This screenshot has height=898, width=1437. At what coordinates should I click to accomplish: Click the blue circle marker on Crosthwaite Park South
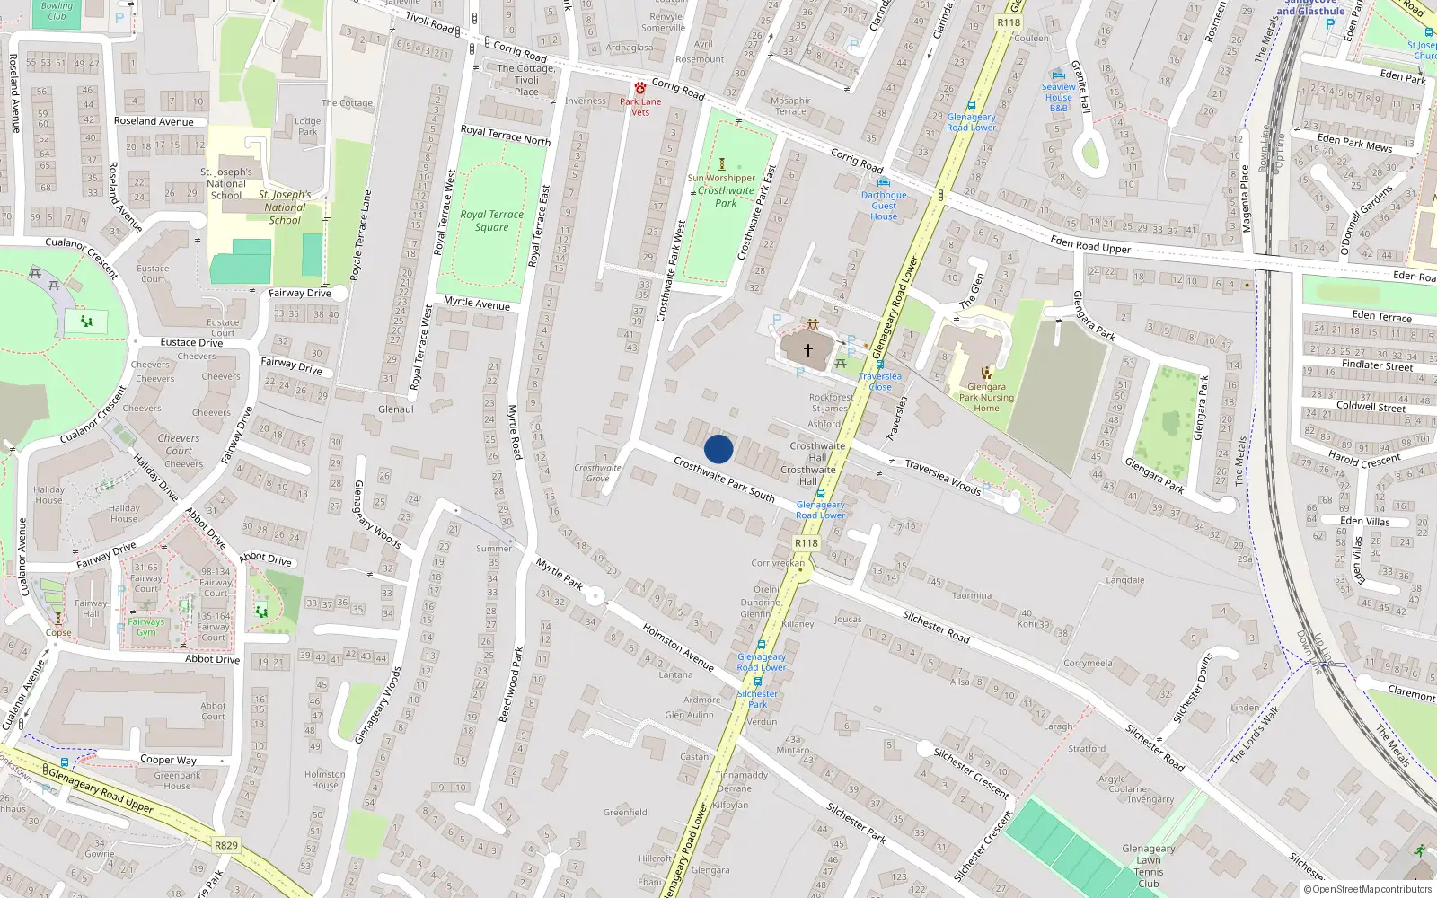click(718, 449)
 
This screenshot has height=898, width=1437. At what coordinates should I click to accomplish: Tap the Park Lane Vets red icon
click(640, 89)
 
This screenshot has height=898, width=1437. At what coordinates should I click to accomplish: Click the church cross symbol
click(807, 350)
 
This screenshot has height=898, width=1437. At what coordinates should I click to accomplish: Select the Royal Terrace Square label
click(491, 221)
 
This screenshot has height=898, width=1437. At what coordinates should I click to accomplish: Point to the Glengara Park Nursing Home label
click(986, 398)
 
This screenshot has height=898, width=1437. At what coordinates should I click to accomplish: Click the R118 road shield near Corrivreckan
click(807, 543)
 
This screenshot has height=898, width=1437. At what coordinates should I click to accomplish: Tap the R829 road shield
click(226, 845)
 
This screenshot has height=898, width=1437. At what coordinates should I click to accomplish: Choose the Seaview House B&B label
click(1059, 97)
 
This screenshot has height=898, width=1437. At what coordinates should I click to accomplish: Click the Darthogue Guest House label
click(884, 206)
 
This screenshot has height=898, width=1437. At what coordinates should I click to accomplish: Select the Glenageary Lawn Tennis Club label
click(1149, 866)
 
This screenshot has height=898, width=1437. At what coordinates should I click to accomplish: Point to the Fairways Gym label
click(146, 627)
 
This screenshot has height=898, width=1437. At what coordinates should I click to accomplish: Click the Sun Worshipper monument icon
click(721, 164)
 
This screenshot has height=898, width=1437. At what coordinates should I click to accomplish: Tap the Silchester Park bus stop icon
click(757, 682)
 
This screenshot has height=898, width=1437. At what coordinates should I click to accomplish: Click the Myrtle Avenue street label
click(476, 304)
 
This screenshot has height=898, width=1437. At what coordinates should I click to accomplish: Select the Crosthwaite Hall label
click(817, 451)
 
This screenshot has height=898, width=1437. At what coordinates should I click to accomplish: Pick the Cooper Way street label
click(168, 760)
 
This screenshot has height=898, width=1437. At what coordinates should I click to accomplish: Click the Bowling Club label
click(57, 11)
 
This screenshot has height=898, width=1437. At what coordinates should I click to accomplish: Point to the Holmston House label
click(324, 779)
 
